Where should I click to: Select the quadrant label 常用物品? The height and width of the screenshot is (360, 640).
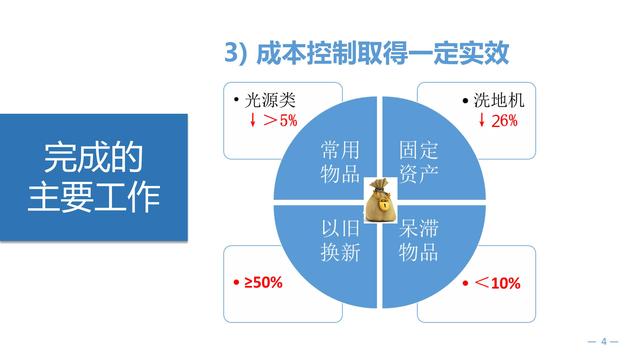pyautogui.click(x=340, y=161)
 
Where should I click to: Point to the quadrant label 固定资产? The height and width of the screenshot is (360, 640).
pyautogui.click(x=419, y=161)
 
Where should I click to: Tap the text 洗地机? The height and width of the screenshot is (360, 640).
pyautogui.click(x=497, y=101)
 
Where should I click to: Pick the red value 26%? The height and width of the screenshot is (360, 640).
pyautogui.click(x=504, y=120)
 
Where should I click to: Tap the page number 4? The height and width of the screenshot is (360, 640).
pyautogui.click(x=604, y=342)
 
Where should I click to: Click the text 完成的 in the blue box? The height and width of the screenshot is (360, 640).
pyautogui.click(x=92, y=158)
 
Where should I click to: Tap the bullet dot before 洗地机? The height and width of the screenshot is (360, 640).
pyautogui.click(x=466, y=102)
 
